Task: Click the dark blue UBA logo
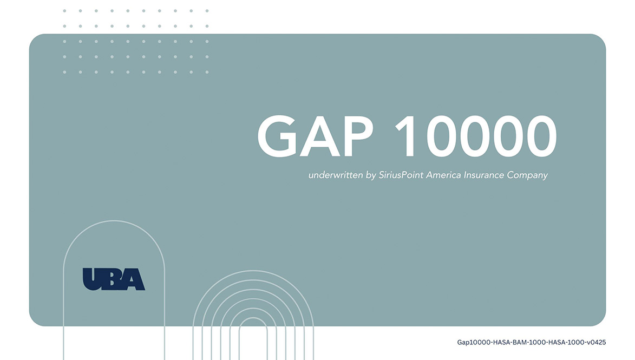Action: click(x=114, y=279)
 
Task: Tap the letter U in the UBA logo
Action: click(x=93, y=279)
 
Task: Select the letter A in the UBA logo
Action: click(x=134, y=280)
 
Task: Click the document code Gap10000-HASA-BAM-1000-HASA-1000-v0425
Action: click(x=531, y=342)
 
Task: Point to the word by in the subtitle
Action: click(x=370, y=176)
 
